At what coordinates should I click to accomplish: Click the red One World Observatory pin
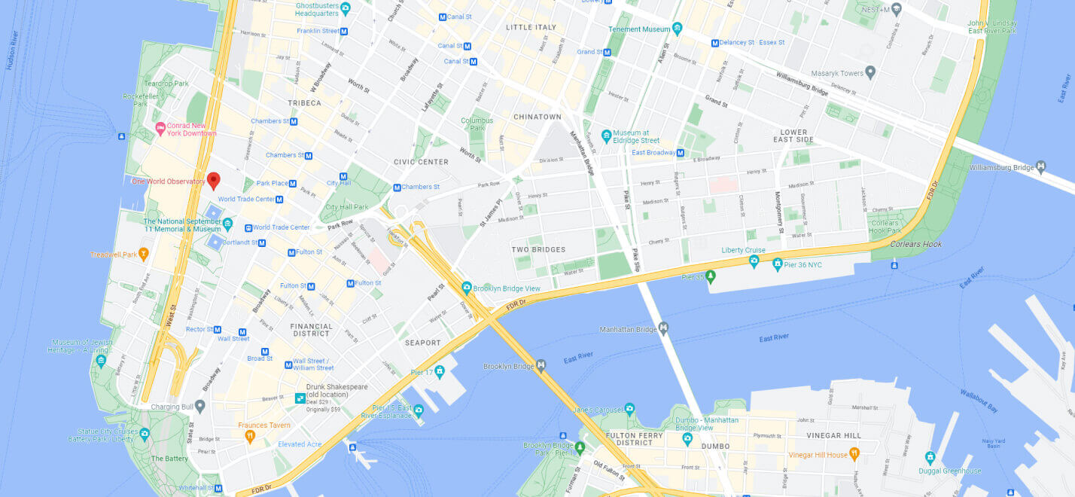(x=213, y=180)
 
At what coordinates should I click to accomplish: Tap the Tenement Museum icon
(x=678, y=29)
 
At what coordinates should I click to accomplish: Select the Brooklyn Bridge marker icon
(x=541, y=366)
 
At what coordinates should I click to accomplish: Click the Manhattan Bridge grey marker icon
(x=663, y=328)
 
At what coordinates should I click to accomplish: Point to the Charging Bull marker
(x=199, y=406)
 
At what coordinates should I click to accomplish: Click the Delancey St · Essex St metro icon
(x=714, y=43)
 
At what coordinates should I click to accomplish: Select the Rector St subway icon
(x=218, y=329)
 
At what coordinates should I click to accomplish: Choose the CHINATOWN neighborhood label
(x=537, y=117)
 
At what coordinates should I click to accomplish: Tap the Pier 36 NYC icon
(x=777, y=264)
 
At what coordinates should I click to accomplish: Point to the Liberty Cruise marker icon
(x=754, y=261)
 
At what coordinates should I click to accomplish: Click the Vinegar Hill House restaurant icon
(x=854, y=454)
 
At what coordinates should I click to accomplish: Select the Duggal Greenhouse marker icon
(x=930, y=457)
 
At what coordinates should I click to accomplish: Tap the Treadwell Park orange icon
(x=143, y=254)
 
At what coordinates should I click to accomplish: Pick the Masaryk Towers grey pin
(x=870, y=72)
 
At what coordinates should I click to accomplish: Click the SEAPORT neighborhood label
(x=422, y=343)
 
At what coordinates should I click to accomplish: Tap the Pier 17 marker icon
(x=440, y=371)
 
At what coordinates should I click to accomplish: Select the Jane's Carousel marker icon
(x=629, y=410)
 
